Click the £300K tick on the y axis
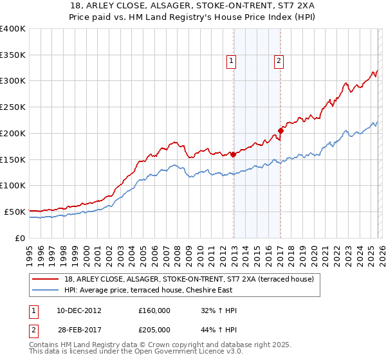pos(13,81)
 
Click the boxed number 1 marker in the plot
pos(231,61)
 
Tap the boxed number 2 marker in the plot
pos(279,61)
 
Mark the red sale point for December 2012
pos(233,154)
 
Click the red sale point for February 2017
pos(280,130)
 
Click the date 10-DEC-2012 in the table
pos(78,310)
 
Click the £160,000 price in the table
pos(154,310)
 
